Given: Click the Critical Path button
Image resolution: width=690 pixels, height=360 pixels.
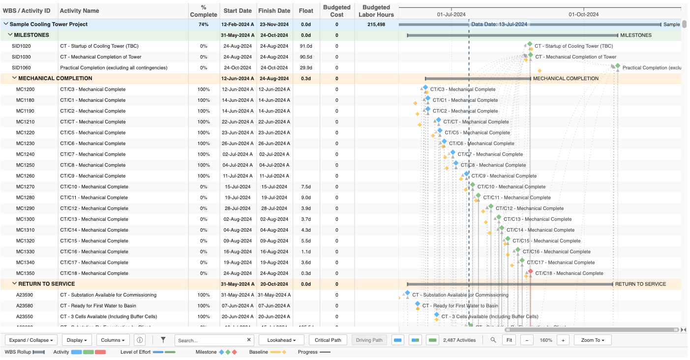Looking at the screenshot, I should coord(328,340).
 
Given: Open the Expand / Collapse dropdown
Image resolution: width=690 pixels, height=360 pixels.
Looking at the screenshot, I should coord(31,340).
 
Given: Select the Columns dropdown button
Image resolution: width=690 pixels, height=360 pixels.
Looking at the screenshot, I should coord(114,340).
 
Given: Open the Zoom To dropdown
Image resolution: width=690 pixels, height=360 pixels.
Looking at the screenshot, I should coord(592,340).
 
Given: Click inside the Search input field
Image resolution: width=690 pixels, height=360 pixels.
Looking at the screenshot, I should coord(210,340).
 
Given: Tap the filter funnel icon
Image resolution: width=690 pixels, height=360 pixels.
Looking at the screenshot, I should coord(163,340).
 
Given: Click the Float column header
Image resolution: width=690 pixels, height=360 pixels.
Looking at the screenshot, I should coord(306,11).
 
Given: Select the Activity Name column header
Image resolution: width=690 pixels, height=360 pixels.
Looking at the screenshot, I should coord(79,11).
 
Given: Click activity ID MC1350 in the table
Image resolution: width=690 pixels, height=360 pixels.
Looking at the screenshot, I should coord(25,273).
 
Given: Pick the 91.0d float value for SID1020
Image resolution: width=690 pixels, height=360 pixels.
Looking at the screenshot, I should coord(306,46).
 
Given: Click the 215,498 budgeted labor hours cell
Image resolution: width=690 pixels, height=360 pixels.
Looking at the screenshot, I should coord(376,25).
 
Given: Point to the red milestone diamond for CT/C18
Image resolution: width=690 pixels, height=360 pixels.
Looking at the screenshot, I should coord(530,271).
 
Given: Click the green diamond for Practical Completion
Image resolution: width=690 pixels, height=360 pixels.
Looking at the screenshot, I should coord(618,66).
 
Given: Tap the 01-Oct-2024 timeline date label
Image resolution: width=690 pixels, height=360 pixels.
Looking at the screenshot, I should coord(583,14).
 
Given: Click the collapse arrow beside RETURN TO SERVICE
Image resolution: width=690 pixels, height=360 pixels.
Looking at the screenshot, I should coord(14,284).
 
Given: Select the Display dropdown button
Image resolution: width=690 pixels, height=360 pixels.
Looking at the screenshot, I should coord(79,340).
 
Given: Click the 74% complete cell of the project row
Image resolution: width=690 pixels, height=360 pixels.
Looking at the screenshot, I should coord(204,25).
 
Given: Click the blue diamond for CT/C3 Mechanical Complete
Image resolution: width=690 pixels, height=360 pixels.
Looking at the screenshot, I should coord(425,88).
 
